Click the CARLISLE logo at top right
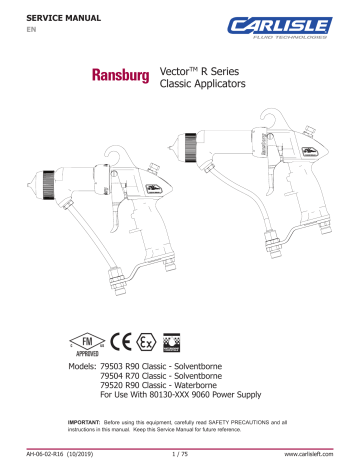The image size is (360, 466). [x=291, y=25]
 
